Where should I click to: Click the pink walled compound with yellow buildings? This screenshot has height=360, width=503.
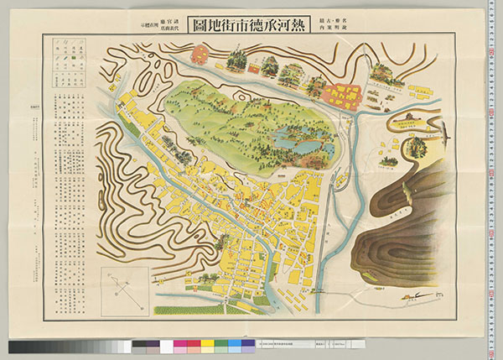click(x=340, y=96)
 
